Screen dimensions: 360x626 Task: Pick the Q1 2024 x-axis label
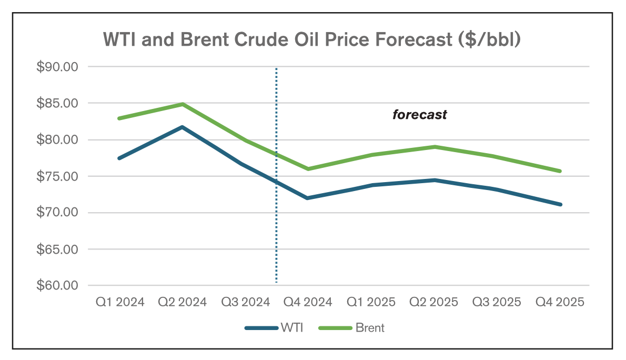point(119,302)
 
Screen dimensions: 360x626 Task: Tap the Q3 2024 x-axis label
point(245,302)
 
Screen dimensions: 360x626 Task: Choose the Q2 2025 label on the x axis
point(434,302)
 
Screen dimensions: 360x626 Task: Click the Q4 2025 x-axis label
point(560,302)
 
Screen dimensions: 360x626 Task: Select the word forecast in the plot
point(420,115)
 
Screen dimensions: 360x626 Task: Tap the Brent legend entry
point(352,328)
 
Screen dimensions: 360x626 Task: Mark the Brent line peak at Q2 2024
point(183,104)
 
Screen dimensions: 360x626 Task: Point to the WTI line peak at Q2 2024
point(183,127)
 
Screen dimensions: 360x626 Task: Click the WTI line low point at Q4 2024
point(308,198)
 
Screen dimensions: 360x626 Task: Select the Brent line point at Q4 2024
point(308,169)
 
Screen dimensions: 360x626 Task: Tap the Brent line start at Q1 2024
point(119,118)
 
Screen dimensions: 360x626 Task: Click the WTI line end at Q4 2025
point(560,204)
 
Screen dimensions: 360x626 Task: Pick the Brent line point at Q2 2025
point(435,146)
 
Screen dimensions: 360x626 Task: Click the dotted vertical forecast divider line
point(276,237)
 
